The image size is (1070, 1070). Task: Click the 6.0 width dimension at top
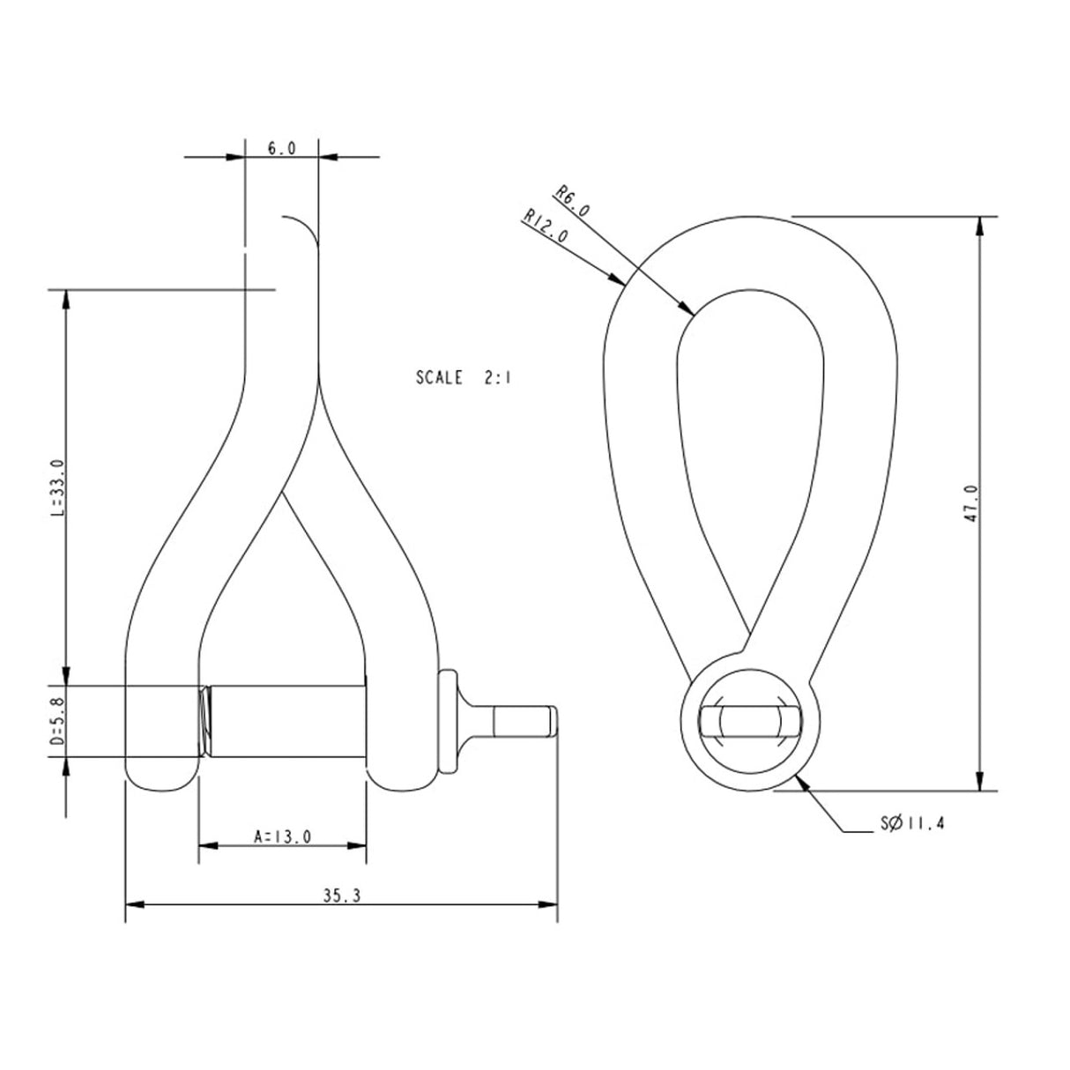coord(281,148)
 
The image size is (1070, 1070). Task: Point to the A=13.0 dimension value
coord(282,836)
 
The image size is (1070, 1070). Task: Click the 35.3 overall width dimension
coord(341,895)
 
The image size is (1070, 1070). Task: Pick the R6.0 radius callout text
coord(573,201)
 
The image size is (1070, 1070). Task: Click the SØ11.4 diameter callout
coord(913,824)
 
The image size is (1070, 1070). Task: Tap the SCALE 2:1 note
coord(464,378)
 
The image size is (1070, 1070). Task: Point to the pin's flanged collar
coord(449,721)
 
